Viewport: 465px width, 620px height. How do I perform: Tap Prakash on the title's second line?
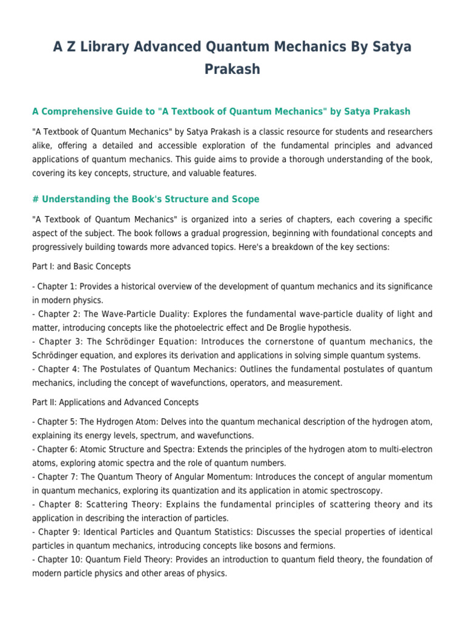point(232,69)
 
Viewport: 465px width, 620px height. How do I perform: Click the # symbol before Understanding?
point(35,199)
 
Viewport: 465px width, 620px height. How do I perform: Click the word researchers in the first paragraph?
point(402,131)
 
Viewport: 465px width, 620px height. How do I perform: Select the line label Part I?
point(43,266)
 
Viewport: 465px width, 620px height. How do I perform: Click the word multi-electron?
point(405,449)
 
